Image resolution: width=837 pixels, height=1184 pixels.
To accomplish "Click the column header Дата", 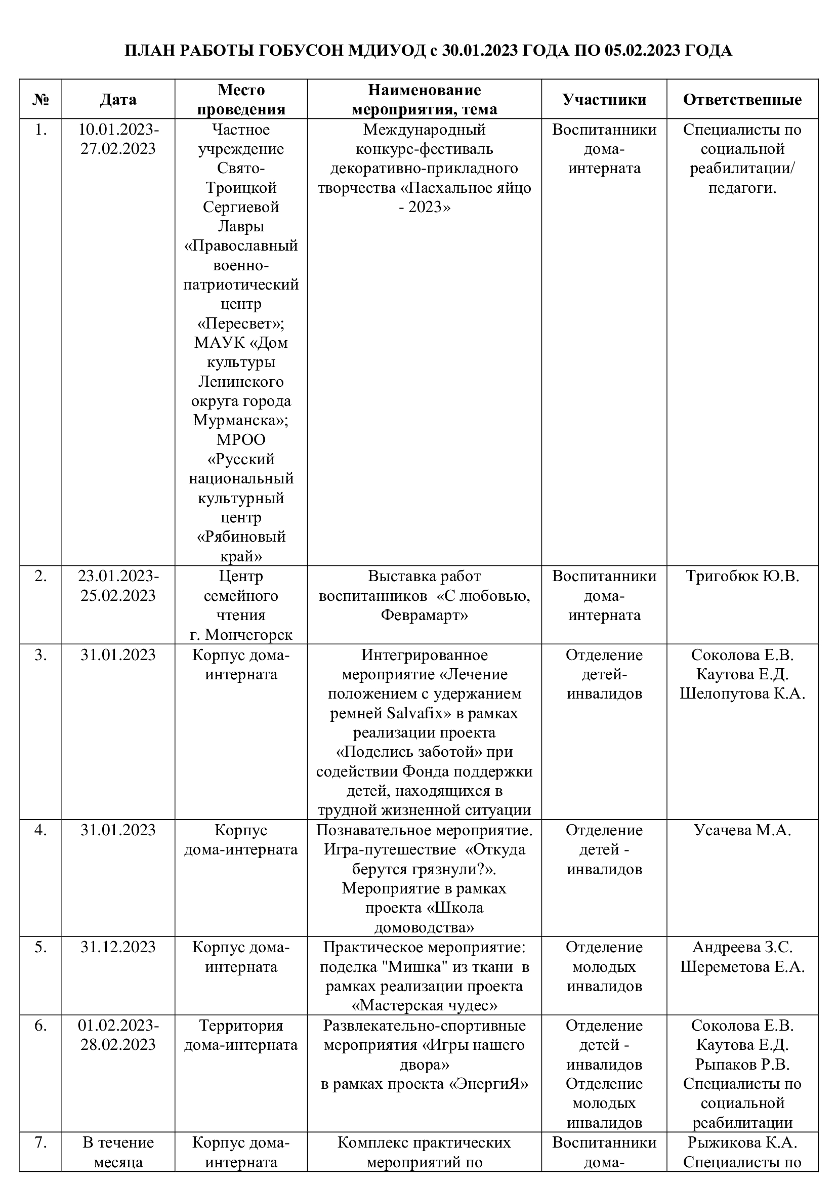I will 118,100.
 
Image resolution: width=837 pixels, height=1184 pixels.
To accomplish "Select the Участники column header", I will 604,100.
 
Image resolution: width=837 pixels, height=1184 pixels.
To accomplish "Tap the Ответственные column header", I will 742,100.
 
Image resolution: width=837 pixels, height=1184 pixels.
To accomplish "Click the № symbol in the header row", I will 40,100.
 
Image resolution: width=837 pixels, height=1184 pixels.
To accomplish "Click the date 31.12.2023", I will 118,947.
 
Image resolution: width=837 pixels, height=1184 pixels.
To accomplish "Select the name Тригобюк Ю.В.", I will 742,576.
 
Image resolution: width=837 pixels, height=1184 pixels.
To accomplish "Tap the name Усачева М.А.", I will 742,830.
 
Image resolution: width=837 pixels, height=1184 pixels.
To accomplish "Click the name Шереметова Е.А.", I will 742,967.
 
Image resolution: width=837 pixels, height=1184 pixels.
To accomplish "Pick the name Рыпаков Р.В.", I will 742,1064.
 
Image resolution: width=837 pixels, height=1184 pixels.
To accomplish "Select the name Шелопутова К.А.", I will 742,693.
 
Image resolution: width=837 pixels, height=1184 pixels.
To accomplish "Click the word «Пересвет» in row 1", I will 241,323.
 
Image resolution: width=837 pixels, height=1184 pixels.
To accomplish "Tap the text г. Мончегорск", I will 241,634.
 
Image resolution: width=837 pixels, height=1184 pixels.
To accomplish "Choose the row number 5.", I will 40,947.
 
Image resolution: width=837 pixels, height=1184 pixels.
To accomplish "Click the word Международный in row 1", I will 424,130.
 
